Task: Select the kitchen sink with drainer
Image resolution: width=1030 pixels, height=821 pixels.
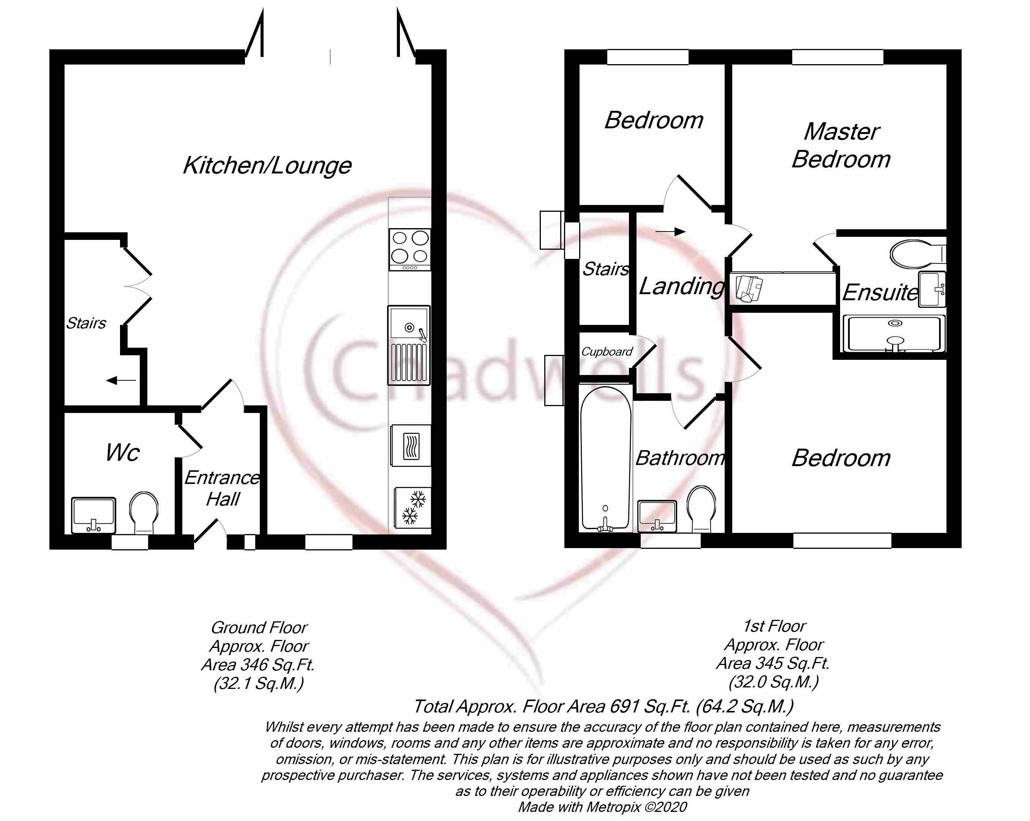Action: click(409, 345)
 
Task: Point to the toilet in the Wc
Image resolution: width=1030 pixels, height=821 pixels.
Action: click(144, 513)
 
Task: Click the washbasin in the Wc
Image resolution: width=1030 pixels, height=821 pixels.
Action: click(94, 515)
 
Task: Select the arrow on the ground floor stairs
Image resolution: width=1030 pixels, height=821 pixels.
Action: click(121, 380)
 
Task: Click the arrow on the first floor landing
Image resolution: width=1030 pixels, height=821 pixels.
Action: click(670, 232)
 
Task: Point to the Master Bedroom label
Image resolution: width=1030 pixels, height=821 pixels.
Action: click(841, 146)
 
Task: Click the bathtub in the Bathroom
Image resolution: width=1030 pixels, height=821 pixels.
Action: click(605, 458)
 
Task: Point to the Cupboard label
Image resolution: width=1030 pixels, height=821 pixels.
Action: click(607, 352)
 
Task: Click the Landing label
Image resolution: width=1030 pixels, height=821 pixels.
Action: click(682, 287)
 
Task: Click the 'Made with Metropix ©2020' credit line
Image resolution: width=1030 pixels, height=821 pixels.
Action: click(602, 807)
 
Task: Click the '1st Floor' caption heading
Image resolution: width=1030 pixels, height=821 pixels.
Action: click(774, 626)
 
